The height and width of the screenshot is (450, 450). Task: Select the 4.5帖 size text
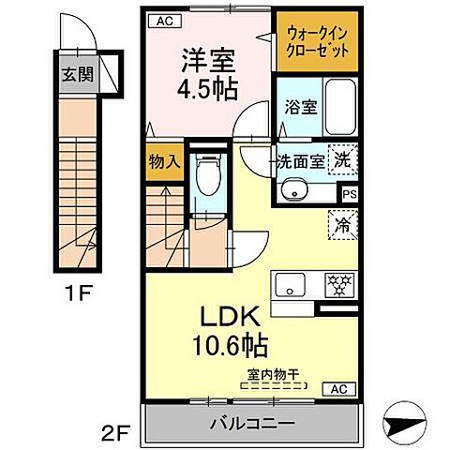click(x=207, y=90)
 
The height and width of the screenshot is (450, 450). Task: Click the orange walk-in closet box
click(x=316, y=41)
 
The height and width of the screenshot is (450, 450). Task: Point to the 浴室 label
click(x=296, y=106)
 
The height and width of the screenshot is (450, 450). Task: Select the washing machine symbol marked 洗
click(x=344, y=160)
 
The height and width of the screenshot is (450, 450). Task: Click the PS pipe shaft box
click(x=349, y=194)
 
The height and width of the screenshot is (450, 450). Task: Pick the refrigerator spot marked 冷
click(x=343, y=226)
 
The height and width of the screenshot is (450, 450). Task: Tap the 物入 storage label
click(x=164, y=161)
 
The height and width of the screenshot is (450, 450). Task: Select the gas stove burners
click(x=337, y=281)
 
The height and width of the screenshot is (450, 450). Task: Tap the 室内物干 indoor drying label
click(x=274, y=376)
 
